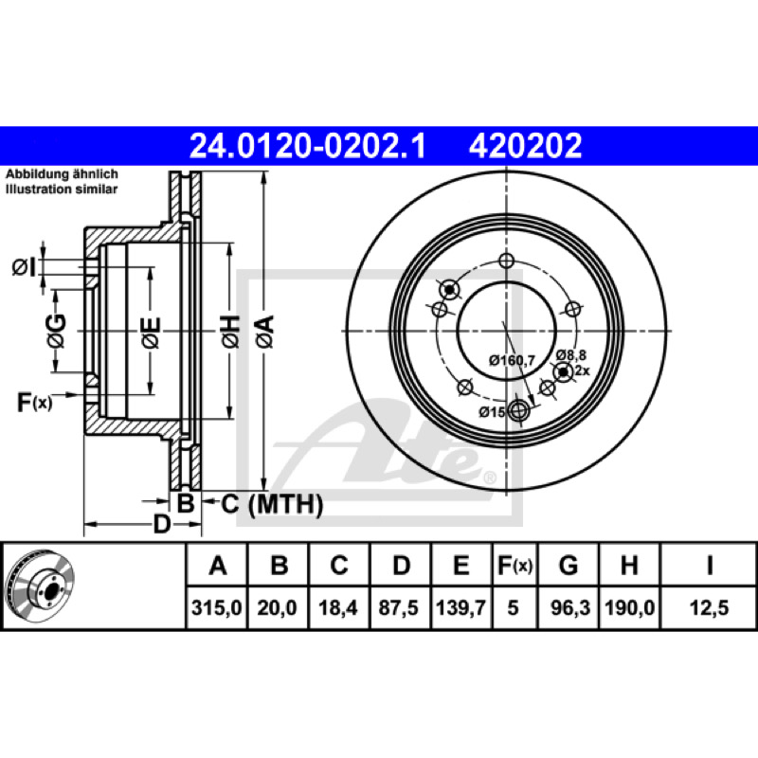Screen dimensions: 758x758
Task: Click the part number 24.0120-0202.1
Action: click(x=307, y=146)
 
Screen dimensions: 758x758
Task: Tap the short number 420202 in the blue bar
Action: click(x=525, y=146)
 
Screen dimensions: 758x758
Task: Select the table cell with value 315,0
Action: click(x=217, y=607)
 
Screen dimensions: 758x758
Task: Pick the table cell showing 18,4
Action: click(x=338, y=607)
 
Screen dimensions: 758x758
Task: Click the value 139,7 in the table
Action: click(x=460, y=607)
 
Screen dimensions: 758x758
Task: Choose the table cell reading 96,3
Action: click(x=570, y=607)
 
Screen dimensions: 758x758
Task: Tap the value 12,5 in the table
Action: click(x=709, y=607)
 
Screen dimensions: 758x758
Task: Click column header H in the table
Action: click(x=629, y=565)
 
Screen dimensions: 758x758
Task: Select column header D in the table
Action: click(x=401, y=565)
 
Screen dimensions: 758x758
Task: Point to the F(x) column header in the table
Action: click(x=515, y=565)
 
